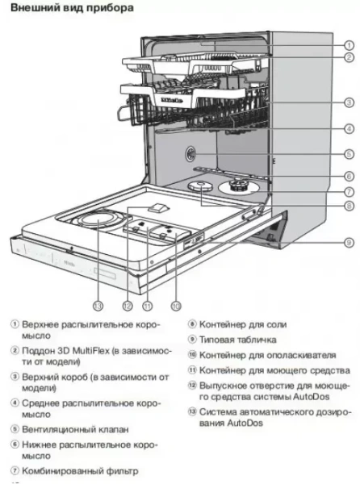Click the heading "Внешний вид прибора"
(61, 7)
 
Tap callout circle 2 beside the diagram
(349, 57)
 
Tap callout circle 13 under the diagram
(98, 306)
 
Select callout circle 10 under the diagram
(176, 306)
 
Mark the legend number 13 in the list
(192, 414)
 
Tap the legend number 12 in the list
(192, 385)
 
